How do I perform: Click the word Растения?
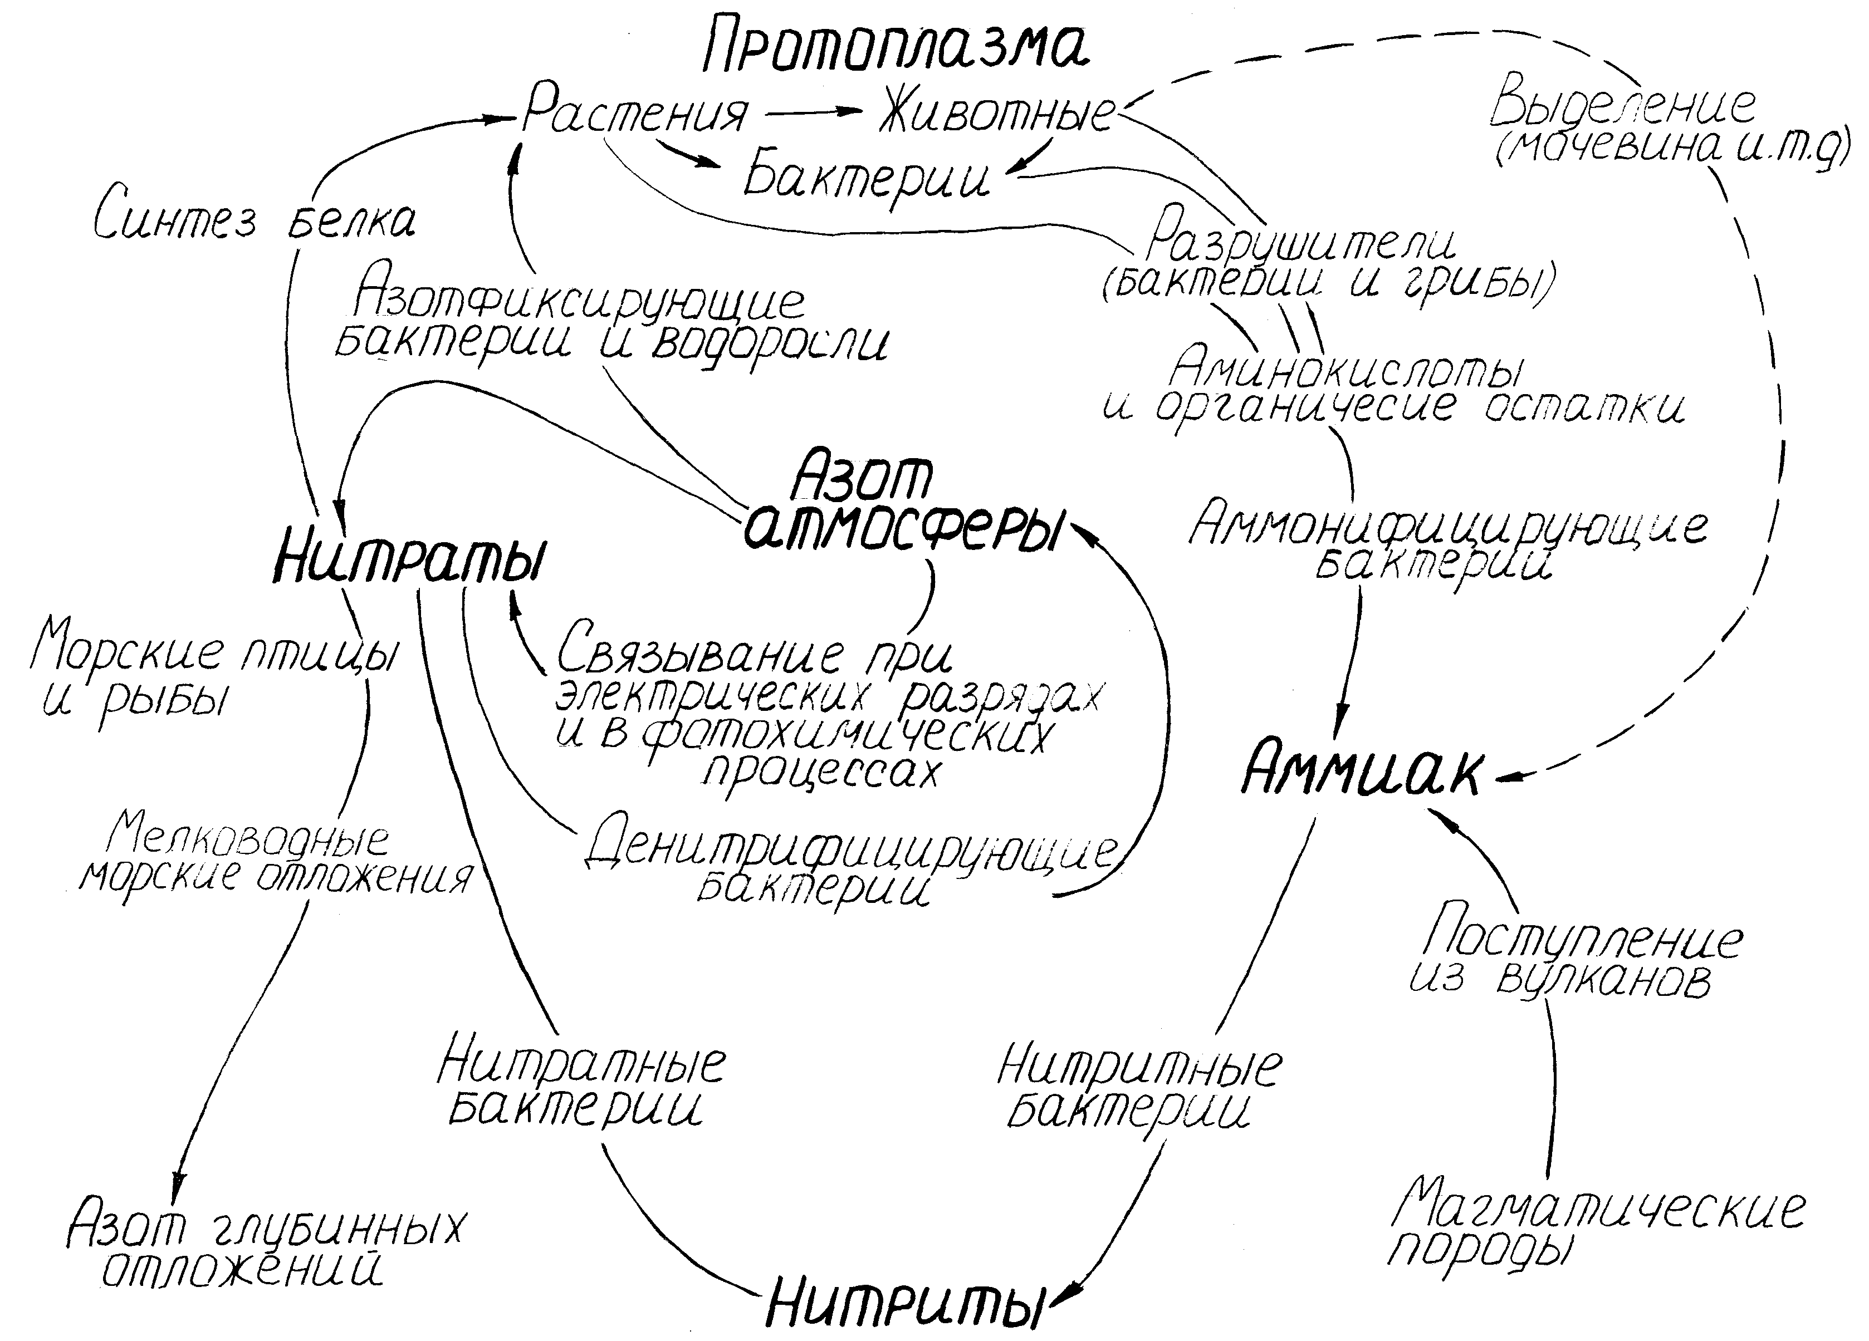[634, 113]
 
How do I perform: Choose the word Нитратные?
[581, 1063]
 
